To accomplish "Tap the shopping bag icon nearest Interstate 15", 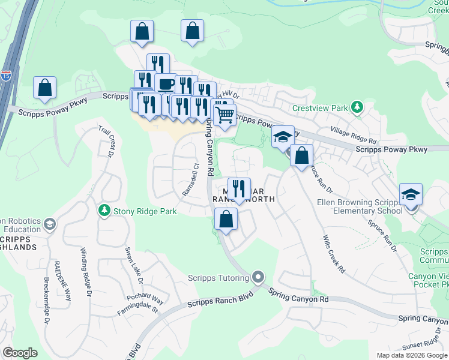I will (45, 88).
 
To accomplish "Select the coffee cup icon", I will (166, 84).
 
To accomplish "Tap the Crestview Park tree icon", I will (358, 107).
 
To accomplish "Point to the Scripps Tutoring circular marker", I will (259, 277).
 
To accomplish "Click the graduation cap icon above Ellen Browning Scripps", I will (411, 194).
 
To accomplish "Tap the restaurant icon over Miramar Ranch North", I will (239, 188).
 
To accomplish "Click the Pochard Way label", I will (145, 299).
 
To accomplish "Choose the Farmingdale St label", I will (137, 310).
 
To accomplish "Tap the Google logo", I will (20, 353).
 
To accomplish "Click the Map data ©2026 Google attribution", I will (411, 355).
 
